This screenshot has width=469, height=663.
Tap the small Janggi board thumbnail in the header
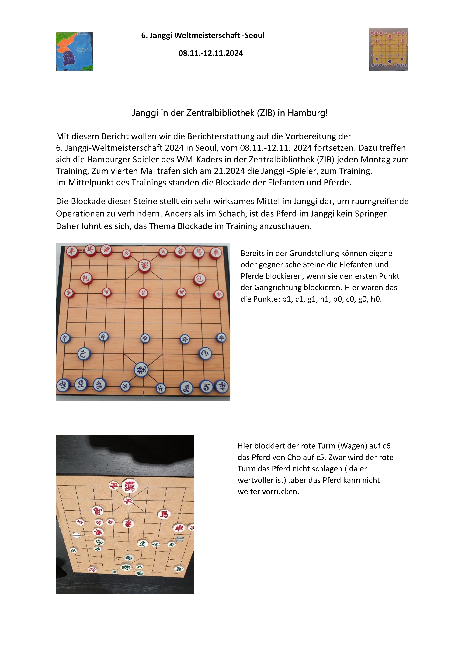click(x=388, y=49)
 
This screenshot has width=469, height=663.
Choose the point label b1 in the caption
click(x=287, y=299)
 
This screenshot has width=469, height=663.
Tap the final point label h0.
click(x=376, y=299)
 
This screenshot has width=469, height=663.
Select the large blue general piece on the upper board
click(x=141, y=370)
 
